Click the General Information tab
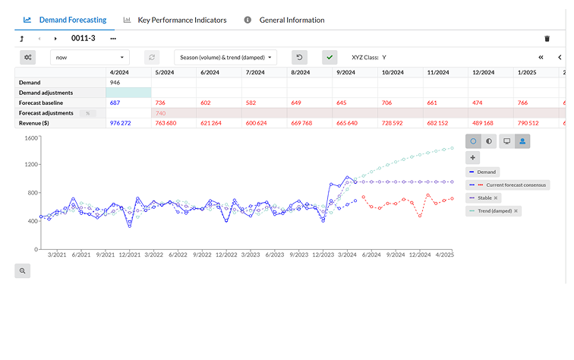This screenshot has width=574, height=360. click(x=292, y=20)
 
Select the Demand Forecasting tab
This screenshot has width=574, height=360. click(x=74, y=20)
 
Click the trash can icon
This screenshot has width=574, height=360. click(x=547, y=38)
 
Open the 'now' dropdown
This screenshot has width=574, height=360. click(x=90, y=57)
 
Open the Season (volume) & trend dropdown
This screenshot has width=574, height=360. click(x=225, y=57)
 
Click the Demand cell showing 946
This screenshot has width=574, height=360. click(x=115, y=82)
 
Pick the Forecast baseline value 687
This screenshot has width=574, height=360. click(x=115, y=103)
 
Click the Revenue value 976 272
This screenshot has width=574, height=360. click(x=121, y=123)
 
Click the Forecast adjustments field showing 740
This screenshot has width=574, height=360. click(x=161, y=112)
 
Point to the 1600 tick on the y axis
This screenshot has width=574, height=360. click(x=31, y=138)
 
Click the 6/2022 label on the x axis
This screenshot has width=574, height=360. click(x=178, y=255)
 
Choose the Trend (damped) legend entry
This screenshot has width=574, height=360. click(x=494, y=210)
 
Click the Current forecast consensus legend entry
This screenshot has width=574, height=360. click(x=509, y=185)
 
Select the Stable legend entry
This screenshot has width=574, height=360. click(x=487, y=197)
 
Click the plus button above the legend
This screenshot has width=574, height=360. click(x=473, y=157)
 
